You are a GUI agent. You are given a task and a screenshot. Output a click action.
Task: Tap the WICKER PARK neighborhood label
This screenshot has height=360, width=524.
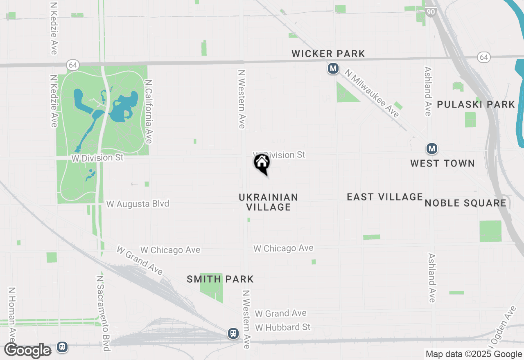coord(328,54)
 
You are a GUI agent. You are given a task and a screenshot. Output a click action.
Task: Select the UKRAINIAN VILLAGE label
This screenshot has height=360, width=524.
coord(268,202)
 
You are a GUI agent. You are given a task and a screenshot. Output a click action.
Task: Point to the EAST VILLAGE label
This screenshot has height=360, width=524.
coord(384,197)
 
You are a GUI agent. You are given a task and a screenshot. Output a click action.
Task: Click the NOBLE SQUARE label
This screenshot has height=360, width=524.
coord(465,203)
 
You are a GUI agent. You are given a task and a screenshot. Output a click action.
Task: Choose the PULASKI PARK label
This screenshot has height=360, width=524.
coord(476,104)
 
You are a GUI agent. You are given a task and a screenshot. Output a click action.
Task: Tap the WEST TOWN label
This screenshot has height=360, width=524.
coord(443,164)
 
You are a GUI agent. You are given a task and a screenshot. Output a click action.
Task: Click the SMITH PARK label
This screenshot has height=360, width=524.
coord(220,279)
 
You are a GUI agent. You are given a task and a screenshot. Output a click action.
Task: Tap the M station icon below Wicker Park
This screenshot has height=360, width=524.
coord(333,69)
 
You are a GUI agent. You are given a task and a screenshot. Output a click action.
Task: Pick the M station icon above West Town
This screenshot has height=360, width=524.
coord(431,148)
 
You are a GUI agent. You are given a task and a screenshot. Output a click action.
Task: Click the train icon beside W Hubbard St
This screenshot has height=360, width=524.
coord(233,333)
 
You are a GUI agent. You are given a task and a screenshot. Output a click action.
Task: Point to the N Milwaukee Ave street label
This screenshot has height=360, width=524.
coord(372,93)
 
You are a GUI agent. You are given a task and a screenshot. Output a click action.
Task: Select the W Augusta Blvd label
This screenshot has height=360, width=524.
coord(138,203)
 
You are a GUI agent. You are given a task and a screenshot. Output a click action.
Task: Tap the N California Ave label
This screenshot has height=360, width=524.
coord(149,111)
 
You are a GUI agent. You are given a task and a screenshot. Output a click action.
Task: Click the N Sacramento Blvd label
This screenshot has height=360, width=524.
coord(103,313)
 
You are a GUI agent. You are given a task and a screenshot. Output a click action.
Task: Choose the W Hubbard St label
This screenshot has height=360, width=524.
coord(282,327)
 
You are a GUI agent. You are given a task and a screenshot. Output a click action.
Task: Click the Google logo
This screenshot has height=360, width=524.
coord(28,351)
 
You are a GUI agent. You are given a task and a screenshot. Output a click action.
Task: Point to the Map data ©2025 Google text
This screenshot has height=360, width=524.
coord(474,354)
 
